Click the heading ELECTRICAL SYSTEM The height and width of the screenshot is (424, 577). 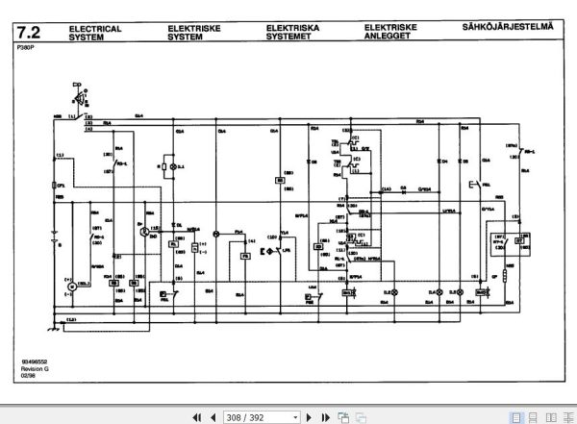(x=95, y=34)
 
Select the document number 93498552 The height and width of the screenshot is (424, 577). (x=36, y=362)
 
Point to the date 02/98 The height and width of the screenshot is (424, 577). (x=28, y=377)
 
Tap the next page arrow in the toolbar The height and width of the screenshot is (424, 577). (x=309, y=417)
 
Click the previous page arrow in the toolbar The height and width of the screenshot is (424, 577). (x=213, y=417)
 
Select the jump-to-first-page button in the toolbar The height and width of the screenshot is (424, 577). (x=197, y=417)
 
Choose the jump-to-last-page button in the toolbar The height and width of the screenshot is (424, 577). (x=324, y=417)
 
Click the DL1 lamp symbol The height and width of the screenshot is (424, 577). (x=170, y=167)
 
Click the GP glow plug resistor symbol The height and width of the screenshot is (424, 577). (x=505, y=280)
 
